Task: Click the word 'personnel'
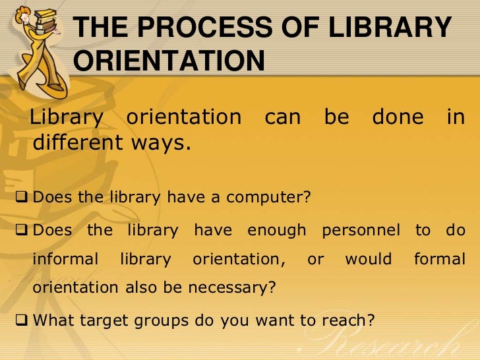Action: (x=360, y=231)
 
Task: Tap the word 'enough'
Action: (x=276, y=231)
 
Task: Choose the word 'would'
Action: (x=368, y=259)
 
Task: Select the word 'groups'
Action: (x=165, y=321)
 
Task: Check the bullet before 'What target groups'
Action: (x=22, y=321)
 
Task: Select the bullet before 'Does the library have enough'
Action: (x=22, y=231)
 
